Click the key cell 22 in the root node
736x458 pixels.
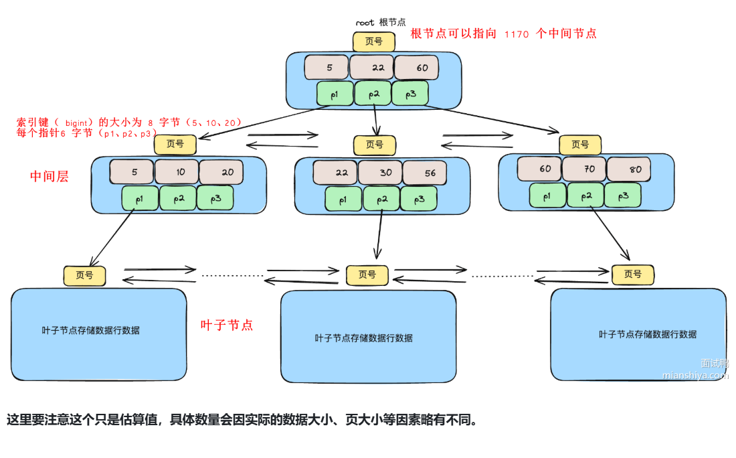point(371,68)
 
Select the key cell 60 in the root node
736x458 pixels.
point(416,68)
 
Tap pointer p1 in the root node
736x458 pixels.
point(335,94)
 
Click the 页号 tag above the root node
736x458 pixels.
point(373,42)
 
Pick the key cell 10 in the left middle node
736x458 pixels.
point(177,172)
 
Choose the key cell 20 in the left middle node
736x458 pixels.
point(222,172)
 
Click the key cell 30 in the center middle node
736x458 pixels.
point(380,172)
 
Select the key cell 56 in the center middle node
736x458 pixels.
point(425,172)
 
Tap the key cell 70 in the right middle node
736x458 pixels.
point(584,169)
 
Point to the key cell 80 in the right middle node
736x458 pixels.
point(629,169)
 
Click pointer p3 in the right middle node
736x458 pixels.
point(622,196)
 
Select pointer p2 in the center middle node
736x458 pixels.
point(381,199)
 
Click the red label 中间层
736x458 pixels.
point(50,176)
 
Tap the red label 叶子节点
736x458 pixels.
point(227,325)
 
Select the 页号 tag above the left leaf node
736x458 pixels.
point(84,275)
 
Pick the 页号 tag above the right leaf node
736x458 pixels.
point(632,274)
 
